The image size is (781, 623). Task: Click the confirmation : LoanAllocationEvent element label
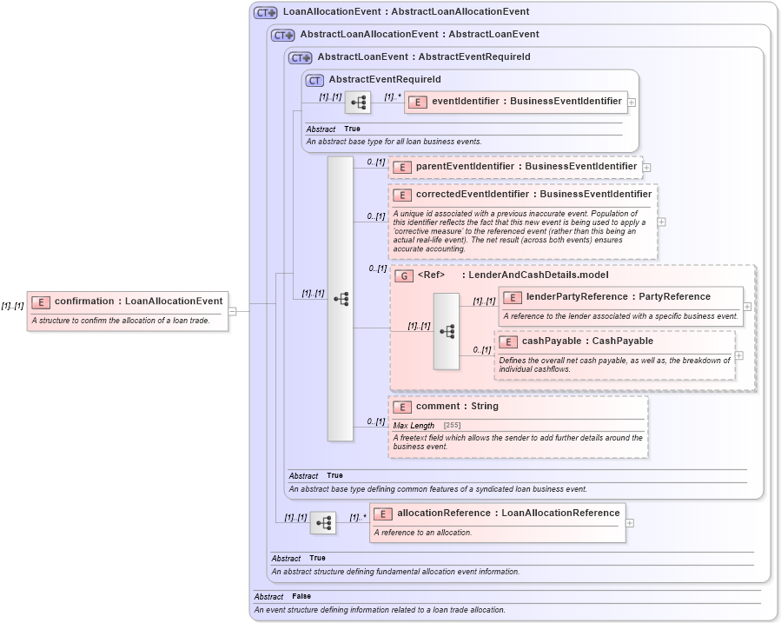(138, 302)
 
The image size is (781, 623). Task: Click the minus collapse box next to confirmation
(232, 311)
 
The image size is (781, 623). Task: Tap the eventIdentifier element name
(526, 101)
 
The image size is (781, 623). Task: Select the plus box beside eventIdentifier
(632, 102)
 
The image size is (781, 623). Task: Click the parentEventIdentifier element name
(526, 166)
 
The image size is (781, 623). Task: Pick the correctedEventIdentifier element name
(533, 195)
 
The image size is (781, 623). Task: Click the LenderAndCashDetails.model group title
(539, 275)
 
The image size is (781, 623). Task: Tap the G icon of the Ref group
(403, 275)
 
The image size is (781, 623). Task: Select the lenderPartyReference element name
(618, 297)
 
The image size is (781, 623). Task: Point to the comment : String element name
(457, 406)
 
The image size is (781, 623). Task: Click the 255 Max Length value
(452, 426)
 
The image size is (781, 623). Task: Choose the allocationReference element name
(508, 513)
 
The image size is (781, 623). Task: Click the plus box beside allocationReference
(630, 523)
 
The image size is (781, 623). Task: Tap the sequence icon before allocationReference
(323, 523)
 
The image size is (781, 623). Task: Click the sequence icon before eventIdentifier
(358, 103)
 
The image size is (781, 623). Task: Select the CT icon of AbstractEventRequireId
(314, 80)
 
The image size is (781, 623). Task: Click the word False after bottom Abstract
(301, 596)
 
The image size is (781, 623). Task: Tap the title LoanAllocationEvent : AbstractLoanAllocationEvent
(406, 12)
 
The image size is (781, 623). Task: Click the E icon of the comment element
(401, 407)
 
